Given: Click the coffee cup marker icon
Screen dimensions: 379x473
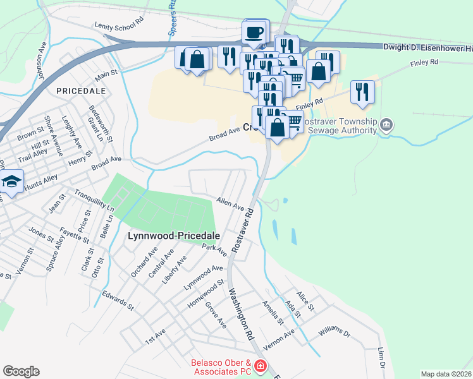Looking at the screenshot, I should [x=255, y=32].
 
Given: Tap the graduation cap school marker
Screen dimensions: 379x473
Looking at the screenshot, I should [x=11, y=182].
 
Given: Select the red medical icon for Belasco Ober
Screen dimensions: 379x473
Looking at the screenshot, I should [x=261, y=366].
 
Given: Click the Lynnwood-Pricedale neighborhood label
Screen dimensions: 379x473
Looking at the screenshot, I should [x=175, y=236].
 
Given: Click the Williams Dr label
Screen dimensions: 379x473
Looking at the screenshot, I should [x=334, y=331].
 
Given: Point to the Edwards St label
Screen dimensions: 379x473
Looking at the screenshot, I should [x=118, y=301].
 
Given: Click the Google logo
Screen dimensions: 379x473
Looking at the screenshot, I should [x=21, y=371].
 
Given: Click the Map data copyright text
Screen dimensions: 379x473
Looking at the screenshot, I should [x=446, y=374].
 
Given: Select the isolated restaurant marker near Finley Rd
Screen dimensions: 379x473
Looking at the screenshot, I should [x=362, y=92].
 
